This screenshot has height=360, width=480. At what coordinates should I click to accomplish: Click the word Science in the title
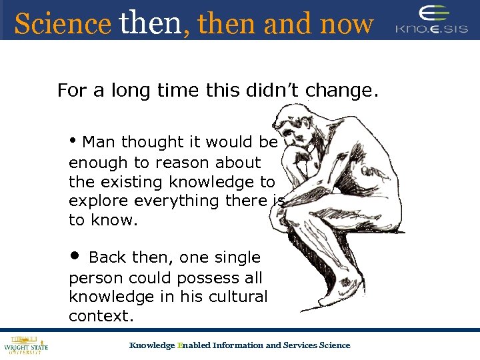click(62, 24)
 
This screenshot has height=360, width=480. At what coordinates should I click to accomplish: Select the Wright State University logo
click(26, 344)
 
